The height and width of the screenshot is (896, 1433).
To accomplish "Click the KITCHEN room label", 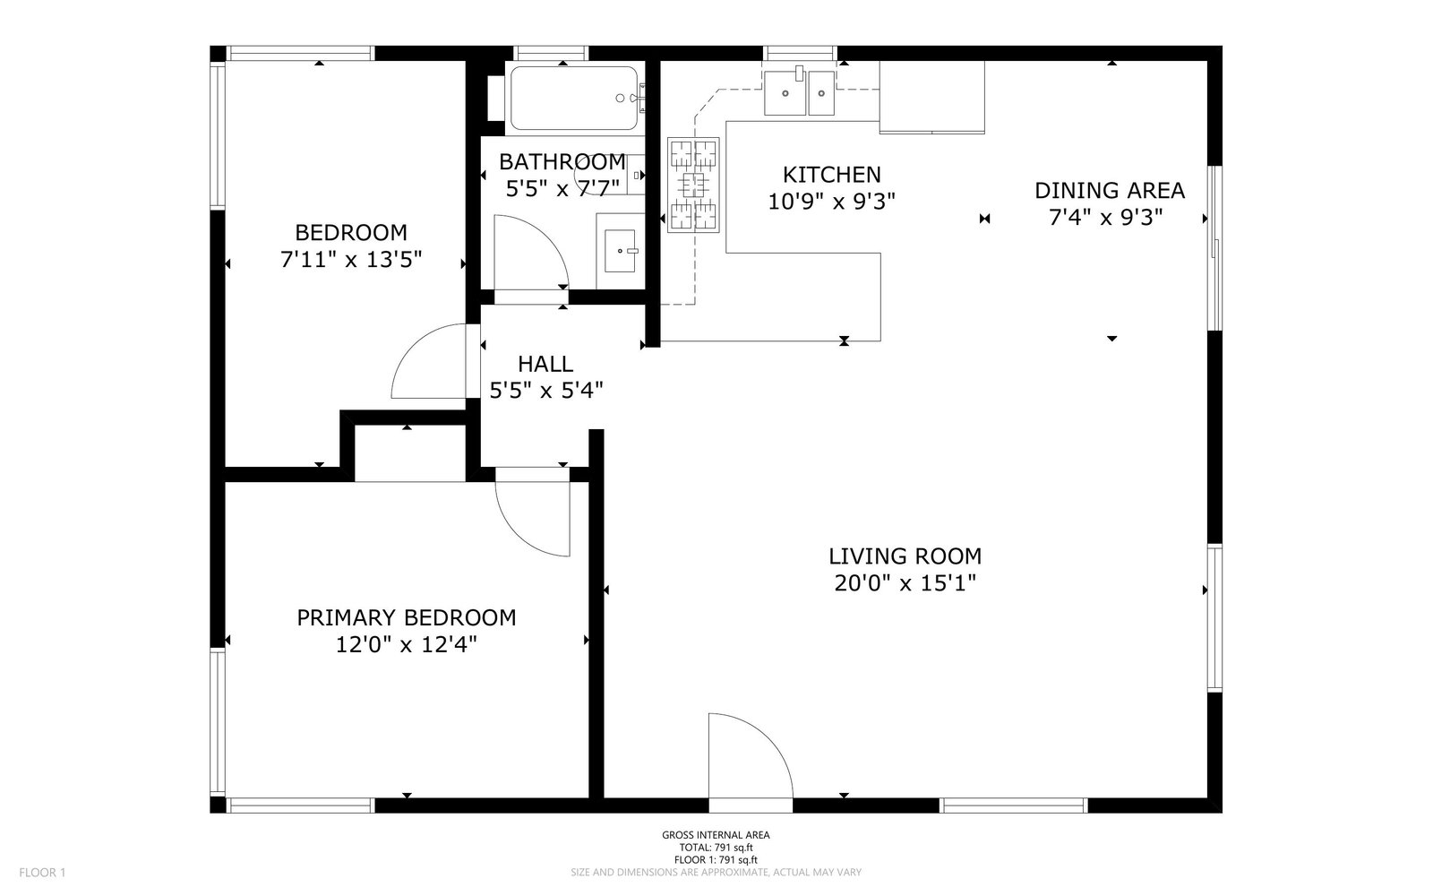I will coord(831,175).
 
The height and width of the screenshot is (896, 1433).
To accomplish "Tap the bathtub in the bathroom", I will coord(573,99).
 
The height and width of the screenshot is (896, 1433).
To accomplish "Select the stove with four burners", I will coord(693,185).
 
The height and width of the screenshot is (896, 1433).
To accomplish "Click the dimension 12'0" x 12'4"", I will coord(406,645).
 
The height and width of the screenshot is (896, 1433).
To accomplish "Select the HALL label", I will coord(545,364).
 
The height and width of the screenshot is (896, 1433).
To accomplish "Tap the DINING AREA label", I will coord(1109,191).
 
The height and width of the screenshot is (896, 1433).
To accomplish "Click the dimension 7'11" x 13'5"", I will coord(350,261).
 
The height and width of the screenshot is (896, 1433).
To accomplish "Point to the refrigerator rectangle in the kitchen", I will coord(931,96).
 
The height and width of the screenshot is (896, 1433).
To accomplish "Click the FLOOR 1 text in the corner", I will coord(42,872).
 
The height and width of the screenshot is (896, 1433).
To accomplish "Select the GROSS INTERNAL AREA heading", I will coord(716,835).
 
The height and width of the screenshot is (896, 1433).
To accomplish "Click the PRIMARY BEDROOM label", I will coord(406,618).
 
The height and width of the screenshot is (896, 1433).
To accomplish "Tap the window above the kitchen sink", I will coord(800,52).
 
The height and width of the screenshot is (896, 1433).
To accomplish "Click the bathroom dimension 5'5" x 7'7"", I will coord(562,189).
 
